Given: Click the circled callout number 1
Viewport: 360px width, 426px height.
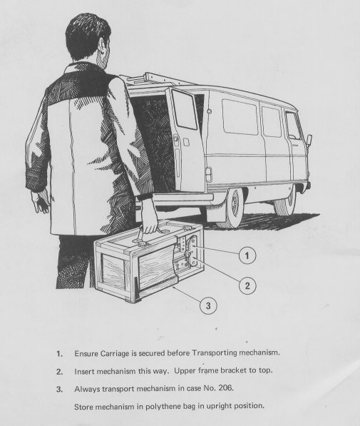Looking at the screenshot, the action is tap(247, 255).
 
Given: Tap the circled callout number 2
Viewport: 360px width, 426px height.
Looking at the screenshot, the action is tap(247, 285).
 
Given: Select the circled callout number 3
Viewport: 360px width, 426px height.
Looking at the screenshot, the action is tap(208, 305).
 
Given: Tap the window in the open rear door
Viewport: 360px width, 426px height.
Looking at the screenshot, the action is tap(185, 109).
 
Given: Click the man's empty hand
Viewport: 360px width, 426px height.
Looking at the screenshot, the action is tap(41, 202).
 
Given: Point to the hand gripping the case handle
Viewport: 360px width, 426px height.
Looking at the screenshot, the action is tap(149, 218).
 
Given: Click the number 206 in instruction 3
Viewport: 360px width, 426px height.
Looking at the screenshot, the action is tap(226, 387).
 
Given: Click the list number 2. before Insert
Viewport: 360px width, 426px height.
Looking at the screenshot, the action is tap(60, 371).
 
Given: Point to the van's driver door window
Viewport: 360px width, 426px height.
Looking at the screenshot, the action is tap(294, 126).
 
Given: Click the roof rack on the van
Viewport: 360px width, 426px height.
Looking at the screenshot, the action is tap(157, 78).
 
